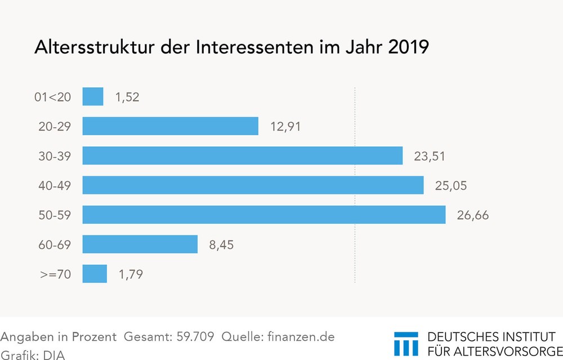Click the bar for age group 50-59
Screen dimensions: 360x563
pos(263,215)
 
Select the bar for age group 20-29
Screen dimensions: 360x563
pos(170,126)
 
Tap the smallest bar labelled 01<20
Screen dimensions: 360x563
pos(93,96)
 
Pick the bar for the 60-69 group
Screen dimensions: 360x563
pos(140,245)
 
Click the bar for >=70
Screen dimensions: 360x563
pos(95,274)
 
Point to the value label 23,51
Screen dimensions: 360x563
pos(429,156)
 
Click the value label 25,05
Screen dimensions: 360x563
pos(450,185)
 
